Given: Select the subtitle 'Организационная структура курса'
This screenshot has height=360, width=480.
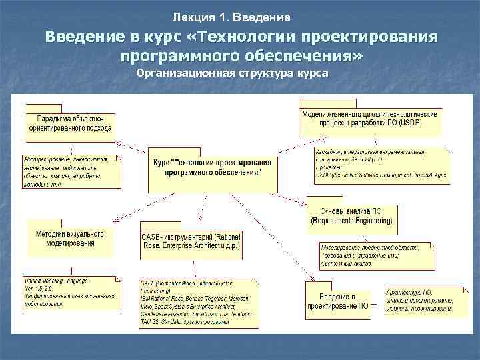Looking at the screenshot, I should pos(232,73).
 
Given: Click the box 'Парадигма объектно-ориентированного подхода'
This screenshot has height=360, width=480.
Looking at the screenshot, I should pos(70,123).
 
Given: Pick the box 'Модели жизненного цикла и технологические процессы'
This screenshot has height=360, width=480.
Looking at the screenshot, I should pos(369,119).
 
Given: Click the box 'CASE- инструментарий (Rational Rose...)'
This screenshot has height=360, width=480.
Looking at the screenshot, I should pos(192,241).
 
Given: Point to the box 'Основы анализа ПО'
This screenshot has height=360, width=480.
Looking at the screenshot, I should pos(351,215).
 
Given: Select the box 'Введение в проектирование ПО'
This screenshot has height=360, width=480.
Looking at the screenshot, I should pos(337,301).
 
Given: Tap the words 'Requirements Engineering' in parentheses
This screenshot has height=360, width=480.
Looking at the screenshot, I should pos(351,220).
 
